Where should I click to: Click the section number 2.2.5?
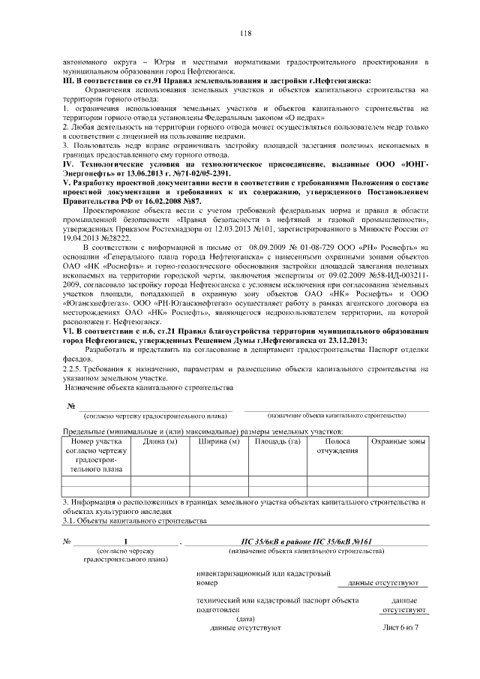click(x=73, y=368)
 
